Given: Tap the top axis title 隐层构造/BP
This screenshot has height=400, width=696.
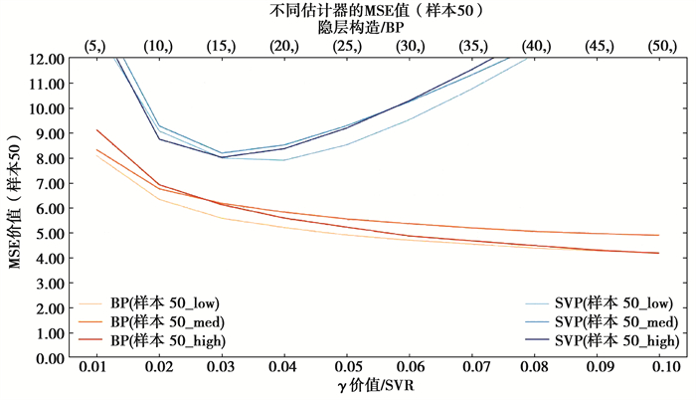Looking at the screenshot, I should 373,28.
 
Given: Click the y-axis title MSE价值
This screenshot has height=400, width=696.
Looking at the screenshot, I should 14,207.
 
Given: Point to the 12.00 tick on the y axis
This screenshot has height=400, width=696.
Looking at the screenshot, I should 48,59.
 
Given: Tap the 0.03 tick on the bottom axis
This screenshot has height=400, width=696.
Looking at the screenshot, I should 221,370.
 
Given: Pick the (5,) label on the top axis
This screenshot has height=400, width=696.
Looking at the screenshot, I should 95,46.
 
